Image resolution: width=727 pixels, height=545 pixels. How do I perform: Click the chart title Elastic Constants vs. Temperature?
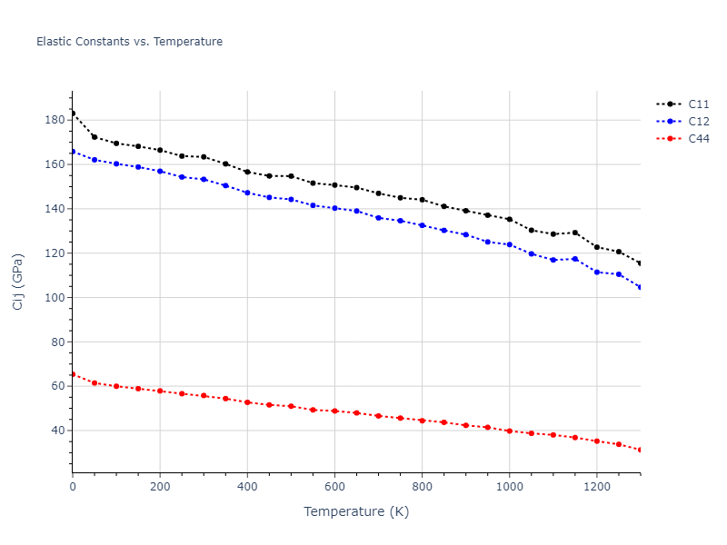point(129,42)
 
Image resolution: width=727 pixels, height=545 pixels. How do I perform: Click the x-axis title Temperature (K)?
point(356,512)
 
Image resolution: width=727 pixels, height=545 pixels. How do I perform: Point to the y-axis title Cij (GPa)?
point(18,281)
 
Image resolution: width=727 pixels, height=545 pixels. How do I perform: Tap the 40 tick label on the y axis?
point(57,431)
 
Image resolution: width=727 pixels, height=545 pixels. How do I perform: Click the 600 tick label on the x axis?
point(334,486)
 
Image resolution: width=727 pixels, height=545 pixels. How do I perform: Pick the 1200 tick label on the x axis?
point(596,486)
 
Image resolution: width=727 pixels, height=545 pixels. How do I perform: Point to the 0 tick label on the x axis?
point(73,486)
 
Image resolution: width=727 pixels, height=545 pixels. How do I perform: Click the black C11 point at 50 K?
point(95,137)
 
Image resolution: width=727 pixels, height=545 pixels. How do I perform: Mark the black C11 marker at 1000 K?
point(509,219)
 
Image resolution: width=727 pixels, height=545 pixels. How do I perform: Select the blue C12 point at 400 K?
point(247,193)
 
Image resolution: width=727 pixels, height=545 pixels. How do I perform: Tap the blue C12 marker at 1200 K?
point(596,272)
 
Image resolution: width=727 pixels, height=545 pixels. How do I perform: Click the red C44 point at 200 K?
point(160,391)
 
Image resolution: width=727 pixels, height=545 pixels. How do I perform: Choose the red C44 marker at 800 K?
point(422,421)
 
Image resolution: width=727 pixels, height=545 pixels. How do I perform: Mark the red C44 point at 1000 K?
point(509,431)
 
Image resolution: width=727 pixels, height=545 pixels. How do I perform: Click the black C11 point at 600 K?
point(334,185)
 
